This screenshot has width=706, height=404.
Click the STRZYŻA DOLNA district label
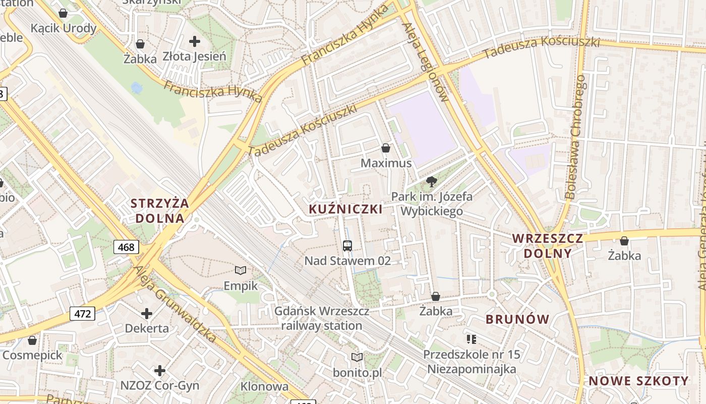[160, 211]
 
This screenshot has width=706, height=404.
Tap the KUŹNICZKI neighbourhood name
[345, 209]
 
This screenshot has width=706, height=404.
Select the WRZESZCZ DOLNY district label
[548, 245]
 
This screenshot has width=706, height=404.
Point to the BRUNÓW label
[517, 319]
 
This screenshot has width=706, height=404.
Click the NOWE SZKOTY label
[638, 381]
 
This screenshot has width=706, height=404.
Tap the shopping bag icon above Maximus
[386, 148]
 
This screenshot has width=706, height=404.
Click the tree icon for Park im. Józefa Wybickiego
[431, 182]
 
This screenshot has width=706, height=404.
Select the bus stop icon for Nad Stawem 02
[347, 246]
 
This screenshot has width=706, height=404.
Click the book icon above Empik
[241, 271]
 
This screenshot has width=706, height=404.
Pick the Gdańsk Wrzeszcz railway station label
[322, 318]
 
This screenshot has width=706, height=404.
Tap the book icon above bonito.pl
[357, 358]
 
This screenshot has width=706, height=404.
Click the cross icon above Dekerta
[147, 314]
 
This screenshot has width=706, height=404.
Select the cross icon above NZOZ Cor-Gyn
[160, 371]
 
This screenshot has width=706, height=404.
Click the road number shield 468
[126, 247]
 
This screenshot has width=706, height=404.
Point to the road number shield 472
[83, 314]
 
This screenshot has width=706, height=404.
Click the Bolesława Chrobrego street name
[575, 136]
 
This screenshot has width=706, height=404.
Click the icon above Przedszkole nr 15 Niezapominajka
[472, 339]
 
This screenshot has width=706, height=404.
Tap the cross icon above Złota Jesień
[195, 41]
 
